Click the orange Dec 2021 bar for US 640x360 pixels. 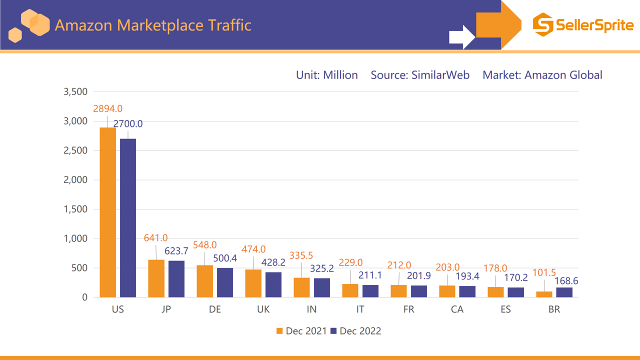[108, 212]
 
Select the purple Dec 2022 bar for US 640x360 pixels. [128, 218]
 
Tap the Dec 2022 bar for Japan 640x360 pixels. [176, 279]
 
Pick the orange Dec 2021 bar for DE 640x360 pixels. [205, 281]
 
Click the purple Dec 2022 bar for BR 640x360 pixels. [564, 292]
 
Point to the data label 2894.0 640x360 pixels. [107, 108]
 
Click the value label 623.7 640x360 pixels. [176, 251]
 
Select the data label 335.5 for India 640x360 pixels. [301, 256]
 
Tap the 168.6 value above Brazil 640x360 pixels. [566, 281]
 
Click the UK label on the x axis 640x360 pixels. [263, 309]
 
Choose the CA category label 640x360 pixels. [457, 309]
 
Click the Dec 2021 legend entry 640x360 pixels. [301, 331]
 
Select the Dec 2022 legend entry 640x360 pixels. [355, 331]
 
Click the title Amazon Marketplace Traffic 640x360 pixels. [152, 25]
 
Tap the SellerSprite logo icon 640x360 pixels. [543, 24]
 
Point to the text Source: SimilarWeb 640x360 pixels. [420, 75]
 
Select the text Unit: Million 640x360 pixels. [327, 75]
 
